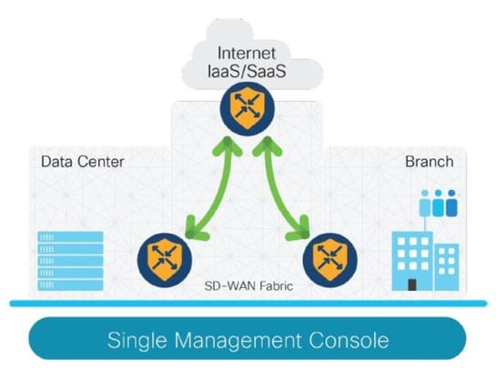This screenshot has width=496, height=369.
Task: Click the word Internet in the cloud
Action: click(x=248, y=51)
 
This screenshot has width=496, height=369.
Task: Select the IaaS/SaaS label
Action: click(x=248, y=71)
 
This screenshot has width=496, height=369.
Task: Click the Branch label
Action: click(x=428, y=163)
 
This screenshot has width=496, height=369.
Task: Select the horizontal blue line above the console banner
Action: click(x=248, y=304)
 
